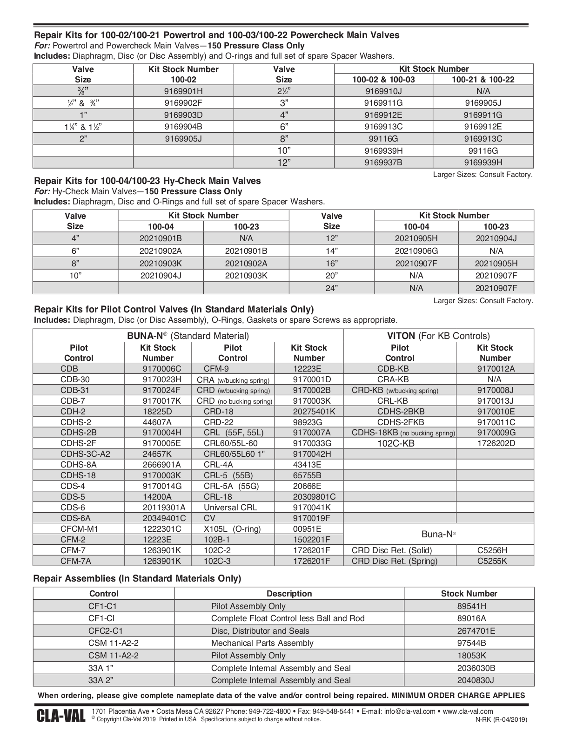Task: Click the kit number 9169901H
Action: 183,91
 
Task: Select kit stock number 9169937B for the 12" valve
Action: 383,163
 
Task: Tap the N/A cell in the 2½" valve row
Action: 483,91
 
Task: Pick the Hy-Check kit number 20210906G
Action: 416,251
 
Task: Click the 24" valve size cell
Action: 331,288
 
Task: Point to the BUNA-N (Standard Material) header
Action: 188,336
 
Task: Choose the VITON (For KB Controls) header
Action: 438,336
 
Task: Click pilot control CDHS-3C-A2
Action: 85,454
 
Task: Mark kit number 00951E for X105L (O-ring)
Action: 307,529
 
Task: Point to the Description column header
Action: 289,594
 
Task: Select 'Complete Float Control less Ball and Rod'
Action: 288,618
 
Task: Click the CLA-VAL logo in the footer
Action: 60,716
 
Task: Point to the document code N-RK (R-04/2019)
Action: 501,719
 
